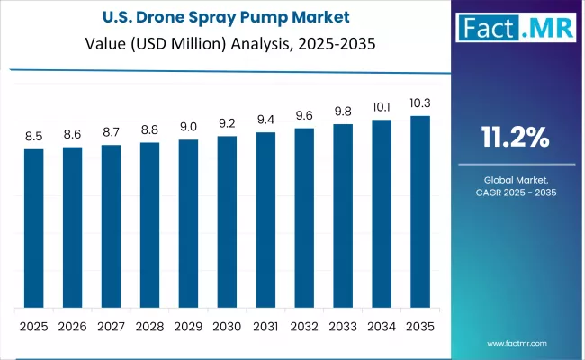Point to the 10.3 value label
point(420,104)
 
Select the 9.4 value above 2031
point(265,121)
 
